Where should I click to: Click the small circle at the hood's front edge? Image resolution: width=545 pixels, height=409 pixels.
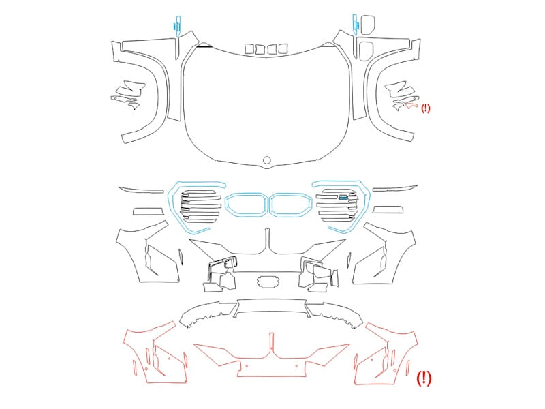tap(266, 160)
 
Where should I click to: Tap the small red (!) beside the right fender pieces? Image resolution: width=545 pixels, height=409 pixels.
tap(425, 108)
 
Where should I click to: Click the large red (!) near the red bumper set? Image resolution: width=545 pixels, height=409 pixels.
tap(424, 378)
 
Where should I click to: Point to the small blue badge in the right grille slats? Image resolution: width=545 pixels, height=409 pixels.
tap(343, 198)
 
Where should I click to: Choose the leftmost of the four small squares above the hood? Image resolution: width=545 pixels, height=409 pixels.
tap(249, 48)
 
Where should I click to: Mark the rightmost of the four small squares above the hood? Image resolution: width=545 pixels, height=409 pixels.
tap(283, 48)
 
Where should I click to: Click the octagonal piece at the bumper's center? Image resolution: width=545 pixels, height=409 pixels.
tap(268, 282)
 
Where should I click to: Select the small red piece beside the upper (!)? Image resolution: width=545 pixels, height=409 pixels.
tap(411, 106)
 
